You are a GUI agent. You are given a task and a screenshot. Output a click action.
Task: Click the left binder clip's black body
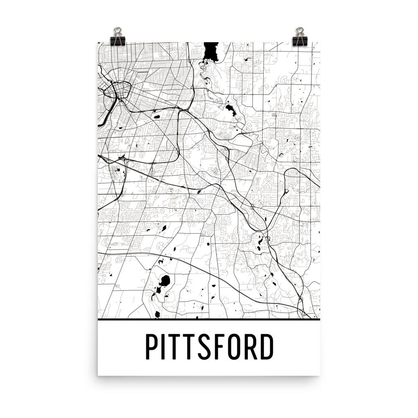[x=117, y=41]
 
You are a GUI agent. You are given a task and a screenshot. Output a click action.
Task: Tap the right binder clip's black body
[x=300, y=41]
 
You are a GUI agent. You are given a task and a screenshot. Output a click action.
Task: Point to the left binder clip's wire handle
[x=117, y=31]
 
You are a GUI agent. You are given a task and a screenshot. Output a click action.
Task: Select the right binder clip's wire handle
[x=300, y=31]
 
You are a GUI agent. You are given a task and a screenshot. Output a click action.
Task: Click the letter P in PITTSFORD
[x=152, y=347]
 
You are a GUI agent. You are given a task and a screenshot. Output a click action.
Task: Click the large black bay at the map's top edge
[x=210, y=51]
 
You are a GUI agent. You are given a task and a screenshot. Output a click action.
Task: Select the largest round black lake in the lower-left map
[x=165, y=280]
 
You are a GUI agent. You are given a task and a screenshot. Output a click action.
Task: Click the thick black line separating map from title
[x=209, y=319]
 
